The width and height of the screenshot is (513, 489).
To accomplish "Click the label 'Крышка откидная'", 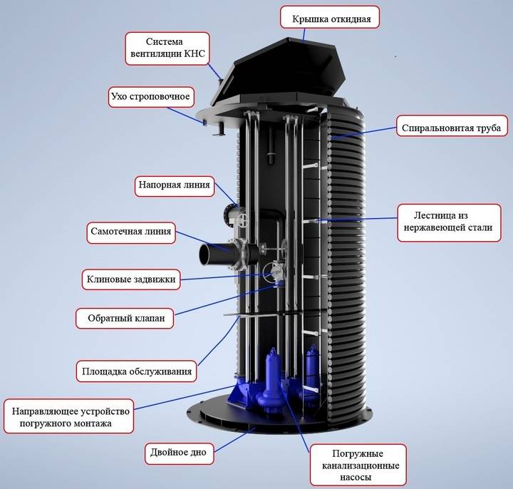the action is click(330, 16).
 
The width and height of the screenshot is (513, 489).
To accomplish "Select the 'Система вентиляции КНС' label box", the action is click(167, 48).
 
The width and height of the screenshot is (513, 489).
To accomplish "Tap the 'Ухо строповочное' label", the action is click(151, 96).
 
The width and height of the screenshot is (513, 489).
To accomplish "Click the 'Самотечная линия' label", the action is click(131, 232).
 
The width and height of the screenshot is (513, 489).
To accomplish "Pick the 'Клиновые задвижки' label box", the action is click(131, 279).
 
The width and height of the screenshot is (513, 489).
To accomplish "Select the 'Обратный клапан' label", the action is click(125, 318).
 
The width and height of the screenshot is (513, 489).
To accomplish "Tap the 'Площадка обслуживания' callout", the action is click(136, 371).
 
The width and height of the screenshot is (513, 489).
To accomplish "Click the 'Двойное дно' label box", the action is click(179, 453).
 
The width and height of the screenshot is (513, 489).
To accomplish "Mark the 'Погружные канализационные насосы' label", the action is click(358, 465).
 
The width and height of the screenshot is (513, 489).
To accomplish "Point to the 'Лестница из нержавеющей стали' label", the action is click(449, 223).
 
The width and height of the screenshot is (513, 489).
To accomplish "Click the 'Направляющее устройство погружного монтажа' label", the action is click(68, 416).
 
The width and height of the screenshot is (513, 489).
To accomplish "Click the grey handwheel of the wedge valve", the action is click(272, 272).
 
